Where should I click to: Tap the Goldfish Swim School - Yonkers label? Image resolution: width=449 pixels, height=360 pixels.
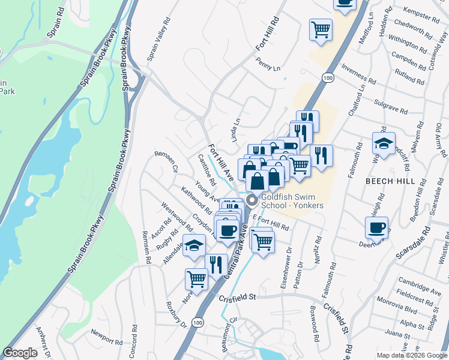coord(292,201)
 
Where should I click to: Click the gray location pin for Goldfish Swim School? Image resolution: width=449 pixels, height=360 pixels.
coord(252,200)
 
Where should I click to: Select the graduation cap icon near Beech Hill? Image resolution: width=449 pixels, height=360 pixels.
coord(384,143)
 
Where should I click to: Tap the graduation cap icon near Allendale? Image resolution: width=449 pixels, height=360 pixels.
coord(194,245)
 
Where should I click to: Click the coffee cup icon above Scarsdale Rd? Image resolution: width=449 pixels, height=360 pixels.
coord(376,227)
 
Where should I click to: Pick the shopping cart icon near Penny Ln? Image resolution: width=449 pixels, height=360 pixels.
coord(321,28)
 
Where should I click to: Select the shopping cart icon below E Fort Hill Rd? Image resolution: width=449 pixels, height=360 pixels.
coord(262,241)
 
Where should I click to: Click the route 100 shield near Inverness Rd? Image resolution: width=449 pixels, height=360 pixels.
coord(327,77)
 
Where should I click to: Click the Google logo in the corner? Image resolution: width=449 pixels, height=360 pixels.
coord(20,353)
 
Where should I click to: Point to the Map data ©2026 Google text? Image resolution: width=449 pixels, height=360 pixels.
coord(412,355)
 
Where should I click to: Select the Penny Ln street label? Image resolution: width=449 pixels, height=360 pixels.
coord(268,64)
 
